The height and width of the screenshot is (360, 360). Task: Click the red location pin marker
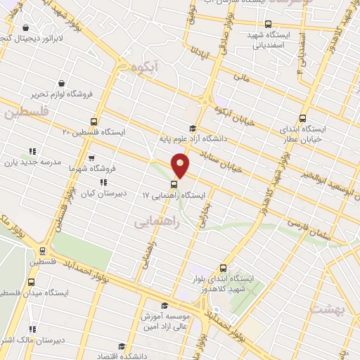[x=180, y=165]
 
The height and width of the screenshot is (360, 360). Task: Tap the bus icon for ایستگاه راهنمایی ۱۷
[x=175, y=185]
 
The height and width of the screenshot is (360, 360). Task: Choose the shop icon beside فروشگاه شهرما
[x=91, y=159]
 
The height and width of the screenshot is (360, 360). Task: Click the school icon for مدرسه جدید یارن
[x=32, y=151]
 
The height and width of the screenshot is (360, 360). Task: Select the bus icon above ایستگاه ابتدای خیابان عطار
[x=303, y=118]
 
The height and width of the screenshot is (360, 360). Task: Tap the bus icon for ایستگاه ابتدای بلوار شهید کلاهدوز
[x=224, y=268]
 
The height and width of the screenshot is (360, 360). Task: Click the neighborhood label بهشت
[x=329, y=309]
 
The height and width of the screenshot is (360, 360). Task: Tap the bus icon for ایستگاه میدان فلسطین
[x=30, y=282]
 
